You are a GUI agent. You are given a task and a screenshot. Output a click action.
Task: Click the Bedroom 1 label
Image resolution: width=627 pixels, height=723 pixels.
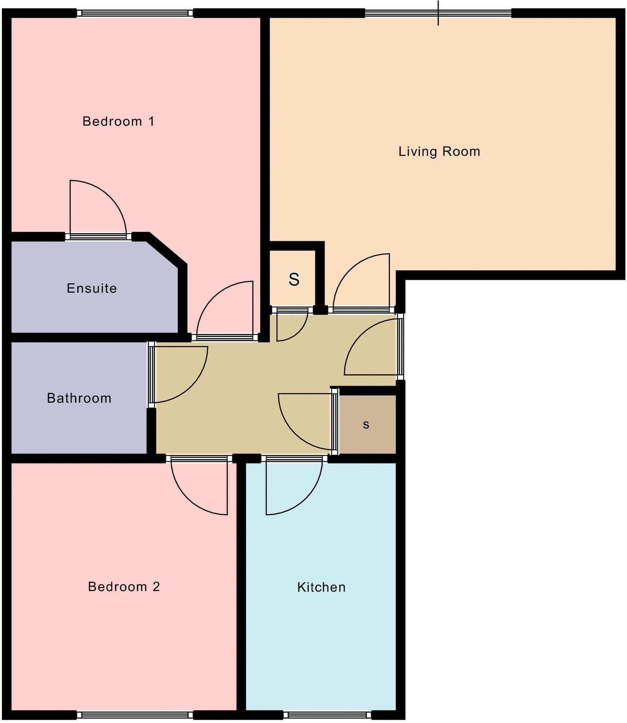point(118,121)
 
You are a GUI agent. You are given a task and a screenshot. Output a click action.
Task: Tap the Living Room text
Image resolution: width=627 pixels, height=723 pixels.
point(439,151)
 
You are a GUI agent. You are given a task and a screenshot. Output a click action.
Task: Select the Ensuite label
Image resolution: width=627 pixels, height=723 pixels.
point(92,288)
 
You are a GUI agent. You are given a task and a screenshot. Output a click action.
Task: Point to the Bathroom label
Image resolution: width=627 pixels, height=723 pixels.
point(79,398)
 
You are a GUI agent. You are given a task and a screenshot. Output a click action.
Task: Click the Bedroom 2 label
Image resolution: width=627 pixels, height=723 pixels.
point(124,586)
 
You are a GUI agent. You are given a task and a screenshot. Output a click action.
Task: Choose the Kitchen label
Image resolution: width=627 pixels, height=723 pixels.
point(321,587)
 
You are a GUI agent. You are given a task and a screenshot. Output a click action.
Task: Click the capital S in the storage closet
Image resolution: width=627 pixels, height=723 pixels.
point(294,280)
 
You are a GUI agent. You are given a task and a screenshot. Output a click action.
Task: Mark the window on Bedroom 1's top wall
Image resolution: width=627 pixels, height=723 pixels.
point(135,13)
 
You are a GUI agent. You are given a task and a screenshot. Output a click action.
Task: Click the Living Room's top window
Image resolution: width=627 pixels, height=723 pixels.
point(438,13)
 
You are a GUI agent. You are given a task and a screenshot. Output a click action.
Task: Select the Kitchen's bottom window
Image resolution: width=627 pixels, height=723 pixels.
point(327,715)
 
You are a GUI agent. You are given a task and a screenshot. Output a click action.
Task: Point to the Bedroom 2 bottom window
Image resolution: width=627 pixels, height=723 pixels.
point(135,715)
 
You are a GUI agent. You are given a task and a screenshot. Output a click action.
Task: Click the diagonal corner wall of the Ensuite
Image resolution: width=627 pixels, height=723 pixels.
point(167,250)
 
